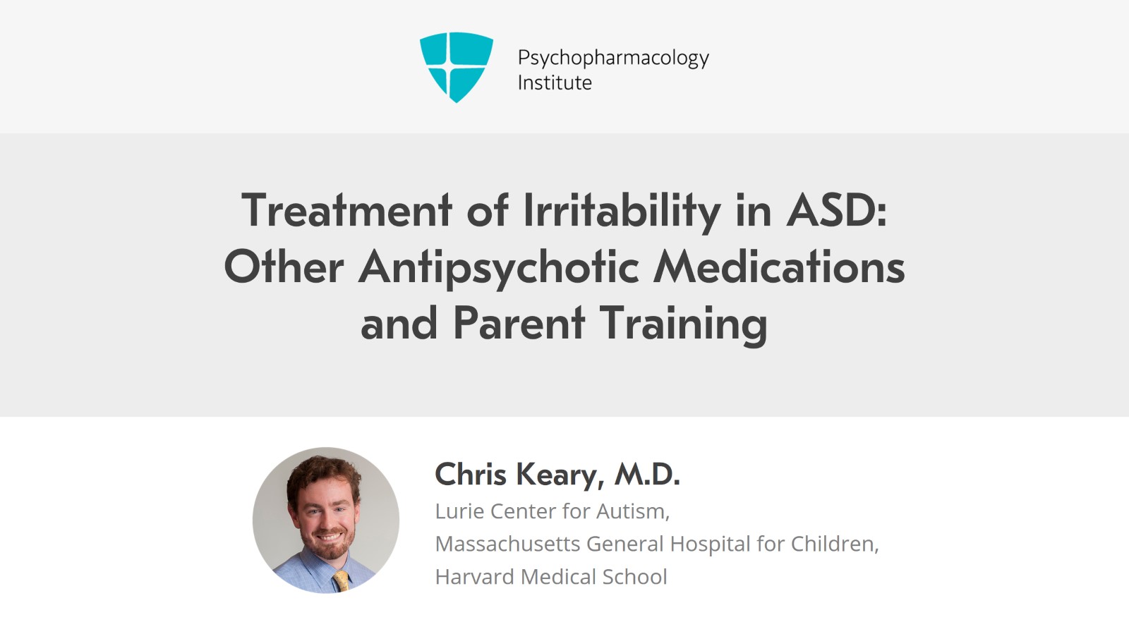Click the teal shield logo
coord(456,67)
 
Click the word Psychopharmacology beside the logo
coord(613,59)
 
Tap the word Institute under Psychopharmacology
coord(555,83)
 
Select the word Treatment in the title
coord(346,210)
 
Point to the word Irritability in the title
coord(622,212)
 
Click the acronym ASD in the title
coord(832,210)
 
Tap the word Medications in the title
coord(779,267)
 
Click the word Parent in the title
coord(519,323)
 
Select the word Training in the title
coord(684,326)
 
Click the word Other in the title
coord(284,267)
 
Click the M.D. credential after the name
coord(646,474)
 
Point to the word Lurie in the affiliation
coord(458,511)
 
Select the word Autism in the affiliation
coord(633,511)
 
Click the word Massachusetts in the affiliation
coord(507,544)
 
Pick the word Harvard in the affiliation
coord(474,577)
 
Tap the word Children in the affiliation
coord(835,544)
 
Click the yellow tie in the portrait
coord(342,580)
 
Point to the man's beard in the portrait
coord(327,543)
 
